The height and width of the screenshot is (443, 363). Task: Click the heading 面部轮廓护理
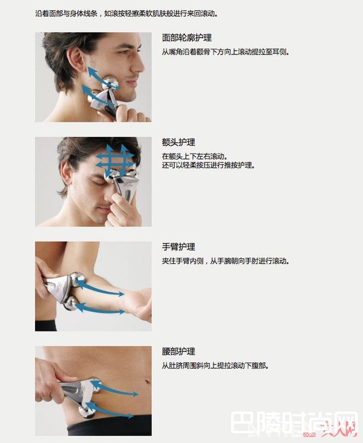point(186,38)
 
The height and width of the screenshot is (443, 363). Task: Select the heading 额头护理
point(178,142)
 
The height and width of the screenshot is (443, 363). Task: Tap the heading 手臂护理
point(178,247)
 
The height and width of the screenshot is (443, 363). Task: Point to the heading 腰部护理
point(178,352)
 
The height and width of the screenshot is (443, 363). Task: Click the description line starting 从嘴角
point(225,52)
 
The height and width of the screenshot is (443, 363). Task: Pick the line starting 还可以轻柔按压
point(208,165)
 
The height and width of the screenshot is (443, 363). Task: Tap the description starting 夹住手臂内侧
point(225,261)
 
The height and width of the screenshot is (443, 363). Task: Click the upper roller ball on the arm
point(77,281)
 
